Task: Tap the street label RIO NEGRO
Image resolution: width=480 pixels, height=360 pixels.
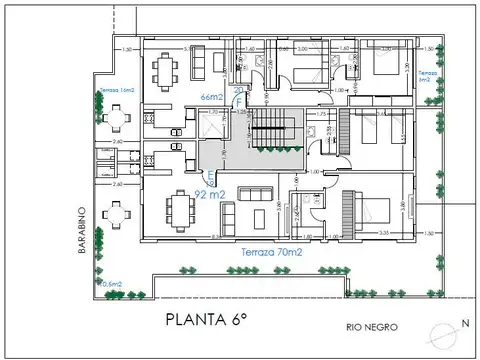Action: (367, 327)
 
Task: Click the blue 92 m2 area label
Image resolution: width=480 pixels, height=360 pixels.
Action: (209, 194)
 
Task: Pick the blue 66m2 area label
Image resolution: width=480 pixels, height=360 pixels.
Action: (211, 97)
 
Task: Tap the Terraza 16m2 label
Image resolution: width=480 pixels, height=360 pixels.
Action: (118, 91)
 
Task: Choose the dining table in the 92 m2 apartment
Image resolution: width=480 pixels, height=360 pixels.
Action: (181, 210)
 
